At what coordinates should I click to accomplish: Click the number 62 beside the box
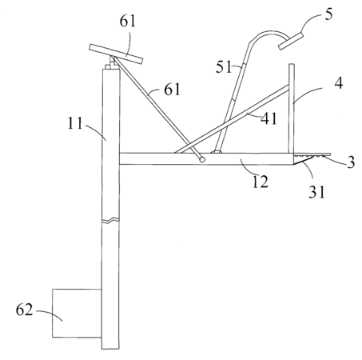click(x=24, y=310)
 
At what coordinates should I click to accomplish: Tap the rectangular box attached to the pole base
click(x=77, y=313)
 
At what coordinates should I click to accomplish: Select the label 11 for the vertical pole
click(x=75, y=123)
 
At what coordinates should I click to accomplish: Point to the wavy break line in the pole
click(x=110, y=220)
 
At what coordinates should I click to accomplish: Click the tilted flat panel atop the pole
click(x=116, y=54)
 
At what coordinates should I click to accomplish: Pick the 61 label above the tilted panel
click(x=128, y=21)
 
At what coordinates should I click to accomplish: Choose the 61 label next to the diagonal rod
click(x=173, y=90)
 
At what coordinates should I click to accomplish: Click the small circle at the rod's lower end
click(x=202, y=159)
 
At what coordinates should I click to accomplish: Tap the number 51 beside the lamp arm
click(x=224, y=67)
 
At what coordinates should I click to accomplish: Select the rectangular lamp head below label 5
click(x=291, y=41)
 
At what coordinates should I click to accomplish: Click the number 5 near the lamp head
click(x=329, y=14)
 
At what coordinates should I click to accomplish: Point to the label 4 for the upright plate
click(x=338, y=83)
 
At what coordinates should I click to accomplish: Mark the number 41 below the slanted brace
click(x=269, y=118)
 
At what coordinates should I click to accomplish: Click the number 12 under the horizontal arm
click(x=260, y=182)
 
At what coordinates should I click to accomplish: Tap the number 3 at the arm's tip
click(x=351, y=162)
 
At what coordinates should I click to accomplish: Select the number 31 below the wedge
click(x=317, y=191)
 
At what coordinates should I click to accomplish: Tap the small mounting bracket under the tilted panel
click(x=112, y=63)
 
